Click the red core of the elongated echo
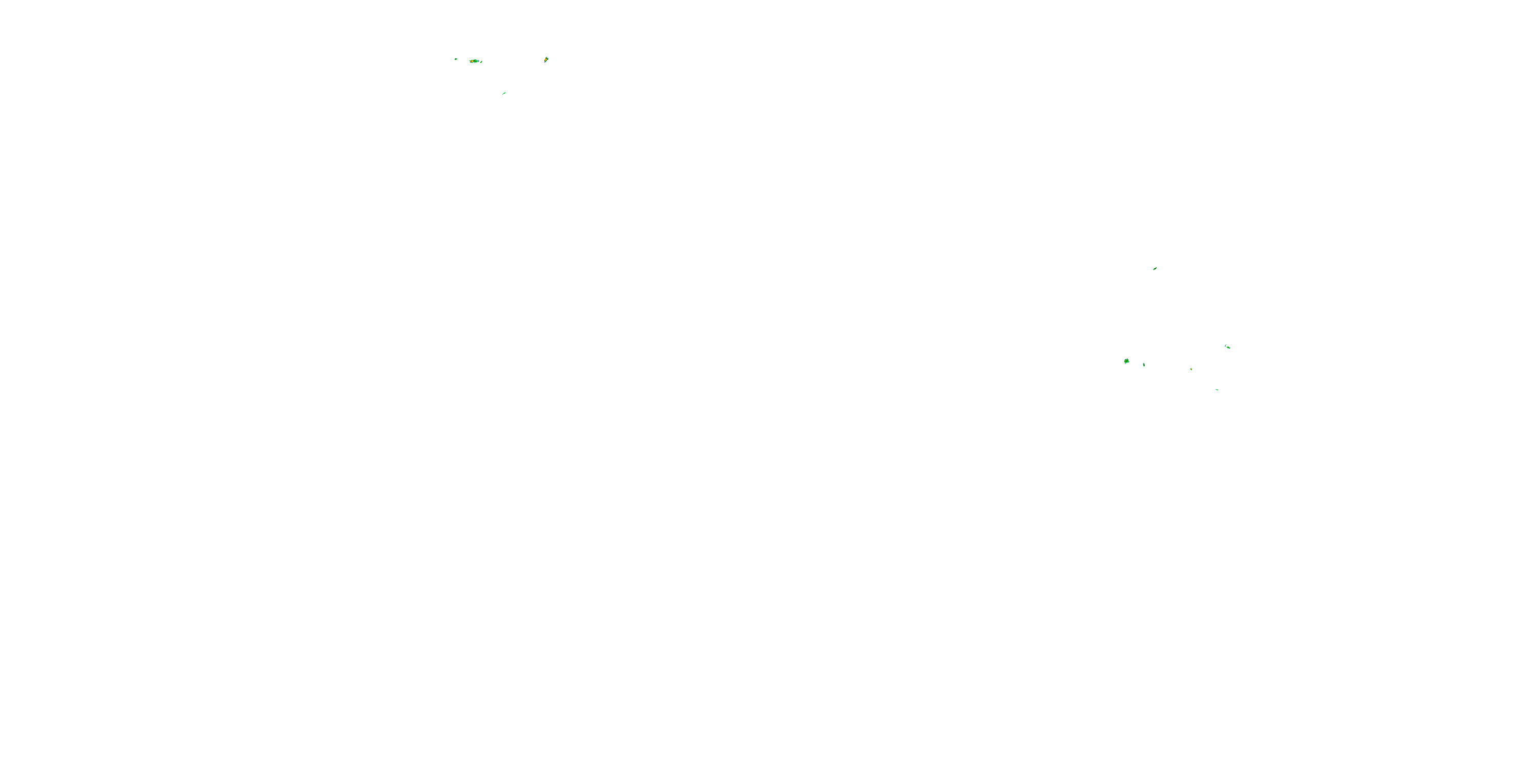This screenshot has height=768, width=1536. pos(471,61)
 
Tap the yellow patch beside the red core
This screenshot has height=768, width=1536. pos(473,61)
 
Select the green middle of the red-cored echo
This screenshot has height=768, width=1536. pos(476,61)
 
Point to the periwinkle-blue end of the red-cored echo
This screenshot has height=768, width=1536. pos(479,61)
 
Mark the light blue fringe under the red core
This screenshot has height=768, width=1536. pos(472,62)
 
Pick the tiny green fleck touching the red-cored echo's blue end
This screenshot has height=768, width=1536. pos(481,62)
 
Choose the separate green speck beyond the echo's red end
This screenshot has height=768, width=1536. pos(456,59)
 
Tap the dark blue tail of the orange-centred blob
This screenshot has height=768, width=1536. pos(545,62)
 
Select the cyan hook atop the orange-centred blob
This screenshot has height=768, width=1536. pos(547,57)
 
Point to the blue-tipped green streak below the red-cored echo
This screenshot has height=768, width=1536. pos(504,93)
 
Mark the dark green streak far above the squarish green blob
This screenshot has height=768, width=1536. pos(1155,269)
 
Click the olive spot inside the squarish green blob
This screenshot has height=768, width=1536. pos(1126,361)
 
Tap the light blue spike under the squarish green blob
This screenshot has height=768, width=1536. pos(1125,364)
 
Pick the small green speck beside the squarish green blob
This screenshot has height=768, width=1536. pos(1144,365)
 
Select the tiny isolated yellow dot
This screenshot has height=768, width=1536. pos(1191,369)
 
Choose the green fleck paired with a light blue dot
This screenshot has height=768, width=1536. pos(1229,348)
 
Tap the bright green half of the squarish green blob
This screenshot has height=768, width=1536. pos(1128,361)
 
